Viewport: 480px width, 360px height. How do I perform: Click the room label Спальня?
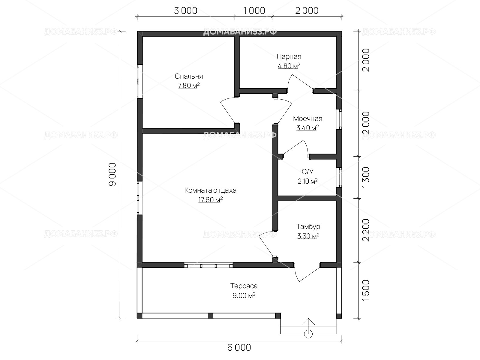[x=189, y=76]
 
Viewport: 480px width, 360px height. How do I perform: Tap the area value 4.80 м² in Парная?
[x=289, y=66]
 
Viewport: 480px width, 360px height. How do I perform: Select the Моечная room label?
[x=307, y=119]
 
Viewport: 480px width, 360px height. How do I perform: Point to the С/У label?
[x=307, y=172]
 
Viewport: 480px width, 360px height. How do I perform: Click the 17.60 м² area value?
[x=210, y=199]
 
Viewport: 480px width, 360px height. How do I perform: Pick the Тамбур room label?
[x=308, y=227]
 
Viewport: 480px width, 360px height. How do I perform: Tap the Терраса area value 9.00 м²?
[x=244, y=295]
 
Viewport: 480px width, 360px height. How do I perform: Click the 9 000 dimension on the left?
[x=112, y=174]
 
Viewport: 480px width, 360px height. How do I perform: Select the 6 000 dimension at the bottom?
[x=239, y=347]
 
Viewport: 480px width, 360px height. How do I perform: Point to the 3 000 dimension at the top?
[x=185, y=11]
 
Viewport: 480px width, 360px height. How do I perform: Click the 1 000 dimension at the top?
[x=254, y=11]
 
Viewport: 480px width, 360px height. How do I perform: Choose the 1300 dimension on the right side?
[x=366, y=177]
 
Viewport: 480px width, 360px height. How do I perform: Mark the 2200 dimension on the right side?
[x=366, y=230]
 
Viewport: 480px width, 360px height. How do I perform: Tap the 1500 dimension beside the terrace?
[x=366, y=290]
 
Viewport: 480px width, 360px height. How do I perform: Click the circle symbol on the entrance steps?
[x=308, y=334]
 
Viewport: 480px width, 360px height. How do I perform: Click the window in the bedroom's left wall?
[x=140, y=81]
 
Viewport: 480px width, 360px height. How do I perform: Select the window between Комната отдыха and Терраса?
[x=208, y=265]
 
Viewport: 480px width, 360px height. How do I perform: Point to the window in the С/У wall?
[x=339, y=177]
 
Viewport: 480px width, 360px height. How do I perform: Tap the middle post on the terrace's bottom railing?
[x=210, y=316]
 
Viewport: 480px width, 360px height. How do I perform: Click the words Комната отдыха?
[x=210, y=190]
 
